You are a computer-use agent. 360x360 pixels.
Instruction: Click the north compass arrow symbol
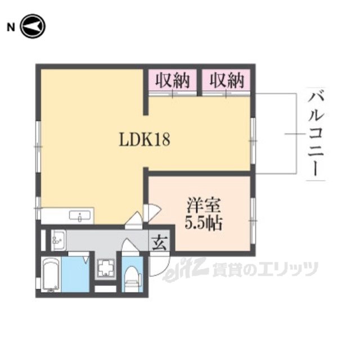coord(32,26)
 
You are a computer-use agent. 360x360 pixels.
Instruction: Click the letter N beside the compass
coord(10,26)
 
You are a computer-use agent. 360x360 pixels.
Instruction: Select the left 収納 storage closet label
coord(172,80)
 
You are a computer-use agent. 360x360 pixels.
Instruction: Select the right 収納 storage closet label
coord(228,80)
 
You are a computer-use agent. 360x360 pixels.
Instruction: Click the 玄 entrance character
coord(159,243)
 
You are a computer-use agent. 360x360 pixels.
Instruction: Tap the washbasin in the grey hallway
coord(58,240)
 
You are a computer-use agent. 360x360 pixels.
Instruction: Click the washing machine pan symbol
coord(105,268)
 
